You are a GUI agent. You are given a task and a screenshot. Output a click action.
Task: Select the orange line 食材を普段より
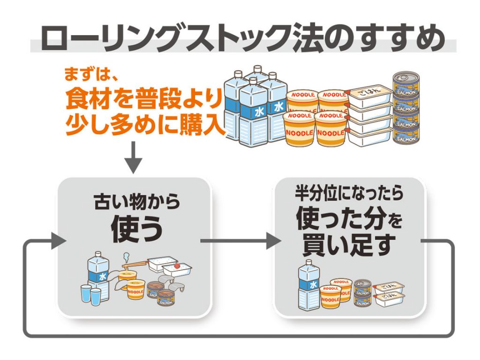click(143, 99)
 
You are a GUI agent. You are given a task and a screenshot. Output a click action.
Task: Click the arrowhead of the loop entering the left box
click(58, 241)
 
